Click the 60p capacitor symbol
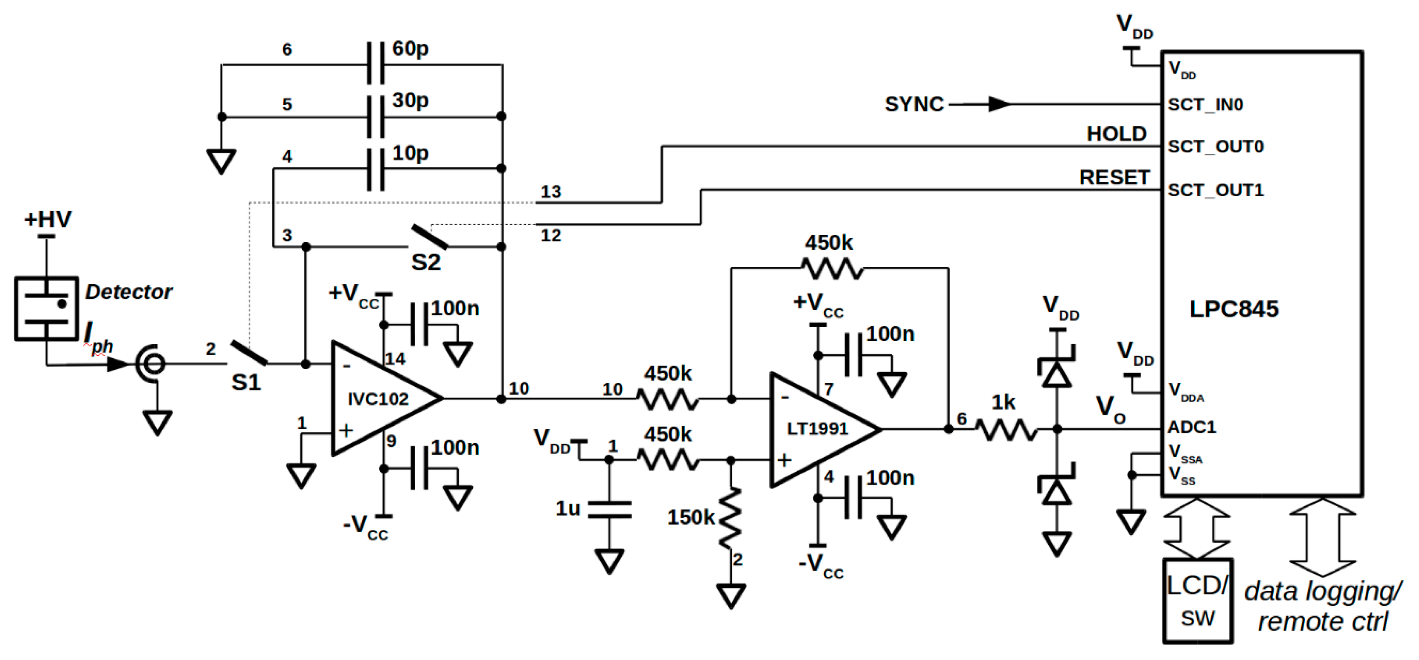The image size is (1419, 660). pyautogui.click(x=376, y=64)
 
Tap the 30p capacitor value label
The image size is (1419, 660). pyautogui.click(x=410, y=100)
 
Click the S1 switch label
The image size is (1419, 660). pyautogui.click(x=245, y=382)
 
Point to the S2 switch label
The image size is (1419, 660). pyautogui.click(x=426, y=262)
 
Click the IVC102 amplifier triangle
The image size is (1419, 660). pyautogui.click(x=380, y=398)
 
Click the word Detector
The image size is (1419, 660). pyautogui.click(x=128, y=292)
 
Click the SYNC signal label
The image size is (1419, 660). pyautogui.click(x=914, y=104)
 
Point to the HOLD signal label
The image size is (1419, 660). pyautogui.click(x=1116, y=134)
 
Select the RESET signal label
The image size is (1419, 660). pyautogui.click(x=1114, y=178)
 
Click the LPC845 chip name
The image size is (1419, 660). pyautogui.click(x=1234, y=309)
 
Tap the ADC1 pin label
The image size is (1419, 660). pyautogui.click(x=1191, y=427)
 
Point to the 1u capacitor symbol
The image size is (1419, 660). pyautogui.click(x=609, y=509)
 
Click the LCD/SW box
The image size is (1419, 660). pyautogui.click(x=1198, y=601)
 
